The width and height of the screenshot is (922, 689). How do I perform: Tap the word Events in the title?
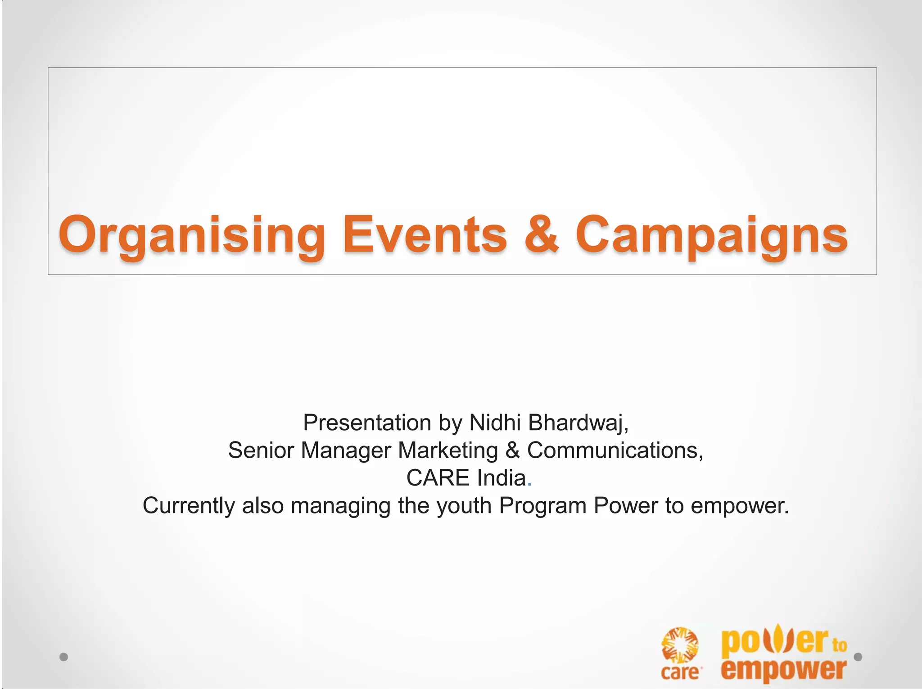point(425,235)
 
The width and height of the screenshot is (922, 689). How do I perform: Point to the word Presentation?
point(367,423)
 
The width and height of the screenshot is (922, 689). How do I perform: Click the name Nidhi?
point(495,423)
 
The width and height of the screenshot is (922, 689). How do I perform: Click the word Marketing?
point(448,450)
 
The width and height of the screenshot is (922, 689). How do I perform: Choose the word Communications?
point(615,450)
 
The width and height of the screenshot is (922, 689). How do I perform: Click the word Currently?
point(189,506)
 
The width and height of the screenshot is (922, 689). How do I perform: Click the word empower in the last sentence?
point(739,506)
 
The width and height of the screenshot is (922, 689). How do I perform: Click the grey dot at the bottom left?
point(63,657)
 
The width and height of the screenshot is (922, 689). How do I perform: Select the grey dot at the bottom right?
point(858,657)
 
